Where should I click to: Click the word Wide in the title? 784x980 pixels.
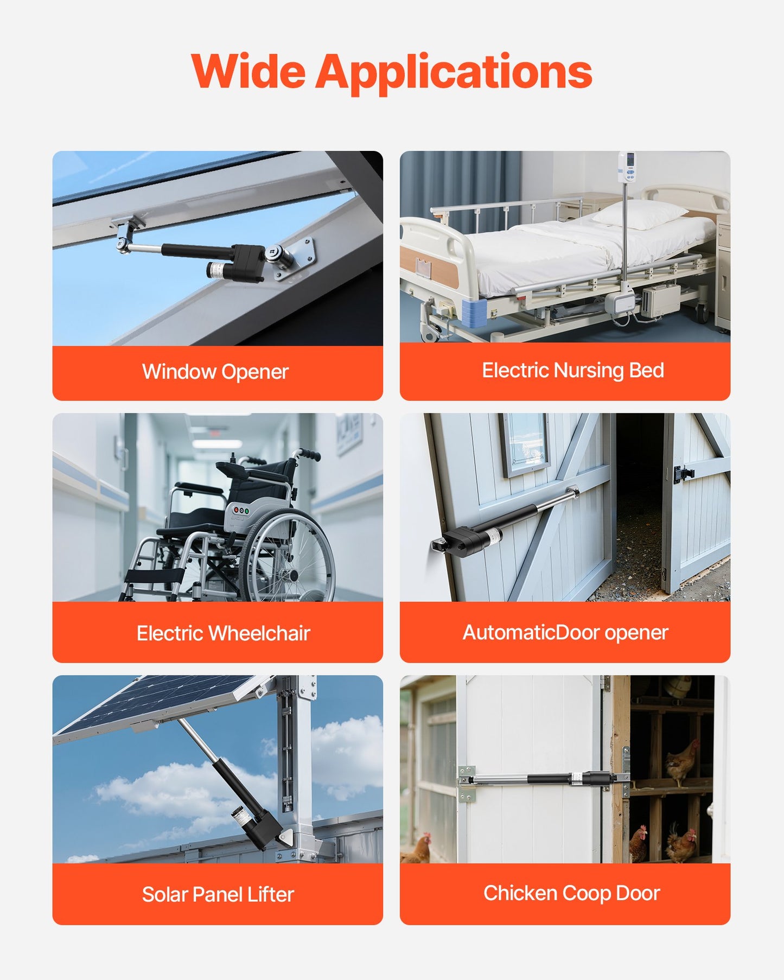248,72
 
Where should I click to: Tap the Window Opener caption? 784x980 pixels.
215,372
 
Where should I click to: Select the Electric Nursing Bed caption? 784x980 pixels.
573,370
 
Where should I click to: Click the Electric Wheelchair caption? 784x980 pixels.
223,633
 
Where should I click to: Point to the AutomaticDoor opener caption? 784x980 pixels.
565,632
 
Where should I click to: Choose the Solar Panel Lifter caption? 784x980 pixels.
218,894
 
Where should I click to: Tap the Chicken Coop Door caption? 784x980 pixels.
571,893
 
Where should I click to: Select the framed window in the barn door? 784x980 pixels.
524,442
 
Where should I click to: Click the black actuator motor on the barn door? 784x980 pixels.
464,540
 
